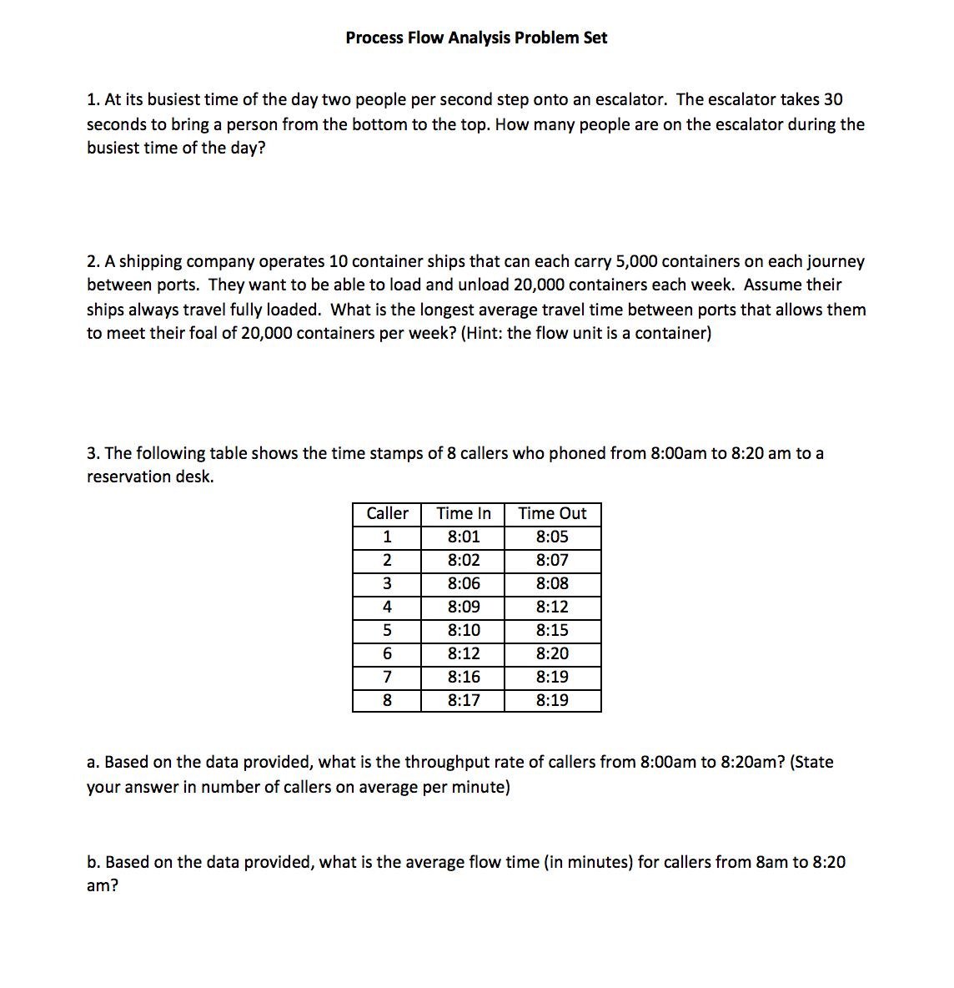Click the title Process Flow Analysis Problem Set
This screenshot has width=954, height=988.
click(x=476, y=38)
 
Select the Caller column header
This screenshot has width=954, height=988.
click(x=387, y=513)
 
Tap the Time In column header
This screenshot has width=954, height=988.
click(x=464, y=513)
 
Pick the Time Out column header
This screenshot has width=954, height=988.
click(x=552, y=513)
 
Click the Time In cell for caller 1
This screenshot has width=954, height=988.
click(x=464, y=537)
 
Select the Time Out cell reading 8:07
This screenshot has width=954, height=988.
click(x=552, y=560)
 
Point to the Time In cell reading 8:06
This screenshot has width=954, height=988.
click(x=464, y=583)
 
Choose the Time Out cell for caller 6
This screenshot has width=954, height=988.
click(x=552, y=653)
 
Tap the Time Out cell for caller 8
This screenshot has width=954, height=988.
click(x=552, y=700)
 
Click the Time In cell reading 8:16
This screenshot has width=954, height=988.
click(x=464, y=677)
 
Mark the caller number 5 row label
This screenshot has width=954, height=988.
click(x=387, y=630)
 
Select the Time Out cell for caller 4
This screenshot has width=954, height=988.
click(x=552, y=607)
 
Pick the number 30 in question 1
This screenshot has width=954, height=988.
click(x=833, y=99)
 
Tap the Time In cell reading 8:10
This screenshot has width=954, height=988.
click(x=464, y=630)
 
